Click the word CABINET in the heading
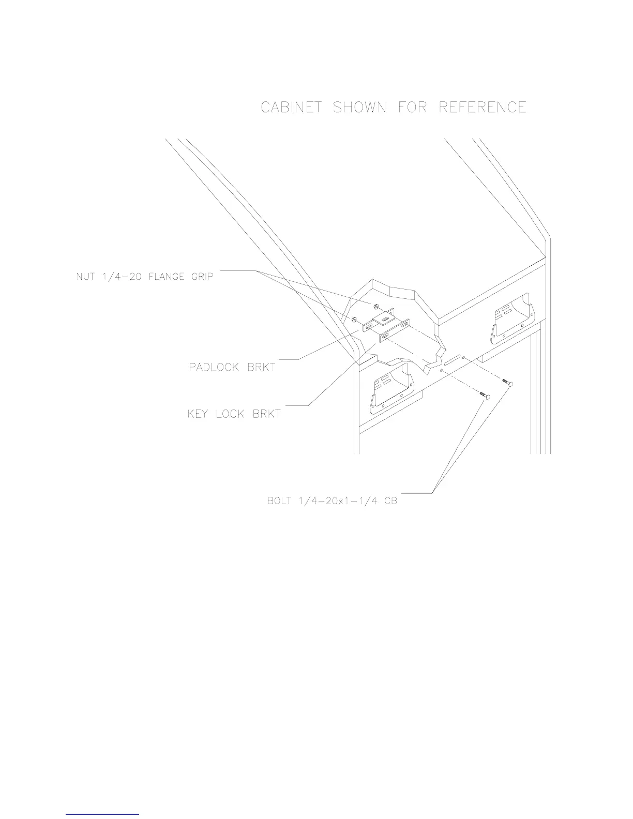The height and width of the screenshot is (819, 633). pos(292,108)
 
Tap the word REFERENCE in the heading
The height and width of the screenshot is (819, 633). pos(483,108)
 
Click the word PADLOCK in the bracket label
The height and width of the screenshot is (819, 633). pos(214,368)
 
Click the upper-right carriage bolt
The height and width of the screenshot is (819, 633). pos(507,382)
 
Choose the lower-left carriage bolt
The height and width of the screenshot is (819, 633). pos(485,396)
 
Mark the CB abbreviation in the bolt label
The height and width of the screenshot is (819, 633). pos(390,502)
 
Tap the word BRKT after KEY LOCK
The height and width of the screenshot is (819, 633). pos(267,414)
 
